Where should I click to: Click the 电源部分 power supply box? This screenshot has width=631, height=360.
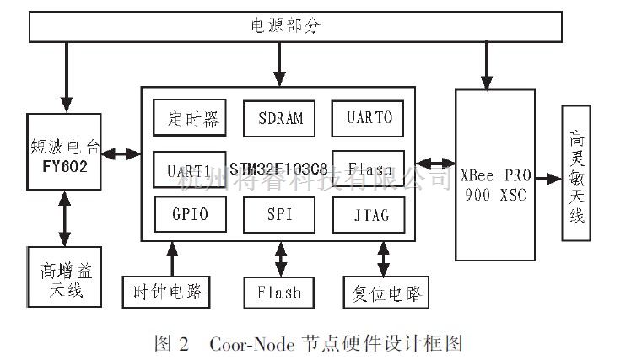tap(296, 27)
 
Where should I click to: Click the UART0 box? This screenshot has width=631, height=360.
tap(367, 118)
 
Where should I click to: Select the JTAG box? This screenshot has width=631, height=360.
tap(367, 214)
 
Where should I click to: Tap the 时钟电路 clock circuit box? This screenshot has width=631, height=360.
tap(165, 292)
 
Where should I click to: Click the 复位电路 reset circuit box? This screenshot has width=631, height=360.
tap(384, 292)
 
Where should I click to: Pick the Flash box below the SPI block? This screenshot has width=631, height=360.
tap(278, 292)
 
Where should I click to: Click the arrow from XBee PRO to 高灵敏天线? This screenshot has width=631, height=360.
tap(546, 179)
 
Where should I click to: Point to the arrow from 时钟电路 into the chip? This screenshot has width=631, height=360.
tap(173, 256)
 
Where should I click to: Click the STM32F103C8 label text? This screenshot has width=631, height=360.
tap(278, 169)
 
